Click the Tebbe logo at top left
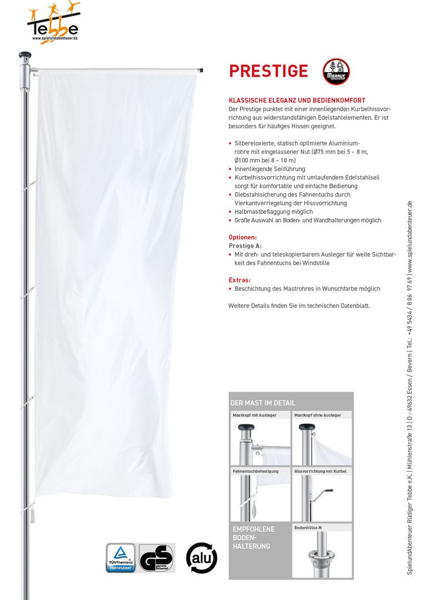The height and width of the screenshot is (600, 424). (x=53, y=25)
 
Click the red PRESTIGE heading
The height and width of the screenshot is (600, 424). (x=268, y=71)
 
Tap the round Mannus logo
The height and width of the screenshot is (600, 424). (x=336, y=72)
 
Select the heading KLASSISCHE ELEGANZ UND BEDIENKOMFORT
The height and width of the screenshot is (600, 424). (x=297, y=101)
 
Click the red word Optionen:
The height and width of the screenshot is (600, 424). (x=243, y=237)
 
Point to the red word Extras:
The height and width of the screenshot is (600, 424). (x=240, y=280)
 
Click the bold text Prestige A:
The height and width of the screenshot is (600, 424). (x=245, y=246)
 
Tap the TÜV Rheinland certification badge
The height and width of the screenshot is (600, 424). (x=121, y=557)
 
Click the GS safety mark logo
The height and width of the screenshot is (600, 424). (x=156, y=557)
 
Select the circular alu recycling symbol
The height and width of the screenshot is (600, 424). (x=201, y=557)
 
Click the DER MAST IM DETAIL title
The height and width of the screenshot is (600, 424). (x=263, y=403)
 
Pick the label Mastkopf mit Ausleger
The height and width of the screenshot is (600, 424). (x=255, y=415)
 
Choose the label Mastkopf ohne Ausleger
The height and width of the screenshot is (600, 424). (x=318, y=415)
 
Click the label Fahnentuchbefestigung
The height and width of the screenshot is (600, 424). (x=256, y=471)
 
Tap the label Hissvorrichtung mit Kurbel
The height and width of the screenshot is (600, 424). (x=320, y=471)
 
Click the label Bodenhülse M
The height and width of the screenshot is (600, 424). (x=308, y=527)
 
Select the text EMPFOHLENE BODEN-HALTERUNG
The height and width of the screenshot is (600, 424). (x=254, y=537)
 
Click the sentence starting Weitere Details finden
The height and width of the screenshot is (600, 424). (x=299, y=306)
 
